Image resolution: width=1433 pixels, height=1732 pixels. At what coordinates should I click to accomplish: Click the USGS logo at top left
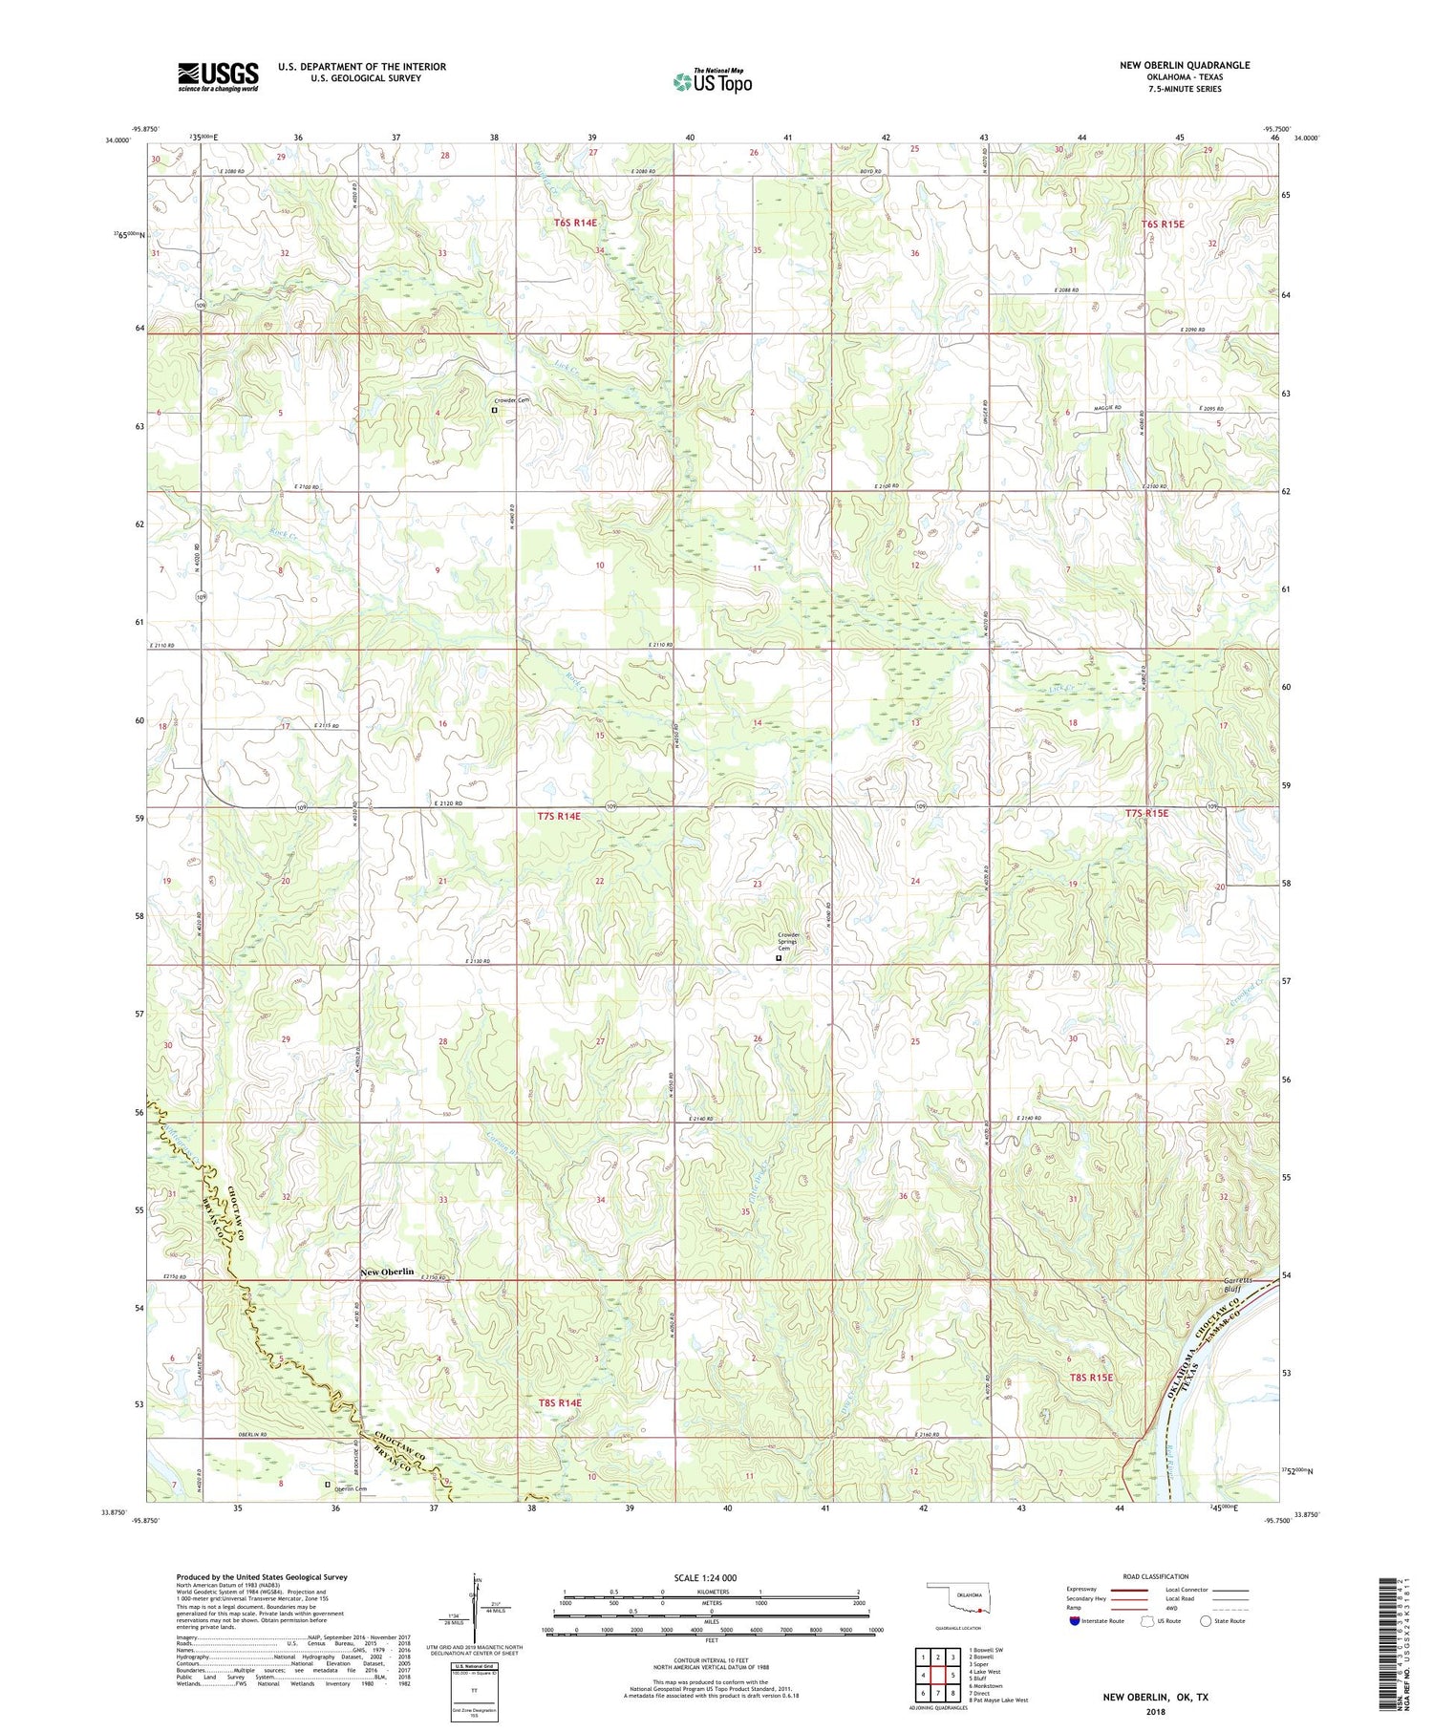click(218, 76)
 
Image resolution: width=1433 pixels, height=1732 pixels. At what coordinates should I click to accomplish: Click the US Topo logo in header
click(712, 82)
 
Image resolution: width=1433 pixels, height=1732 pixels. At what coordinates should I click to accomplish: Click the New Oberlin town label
click(387, 1272)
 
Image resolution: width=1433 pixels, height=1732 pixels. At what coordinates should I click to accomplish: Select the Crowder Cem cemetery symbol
click(494, 410)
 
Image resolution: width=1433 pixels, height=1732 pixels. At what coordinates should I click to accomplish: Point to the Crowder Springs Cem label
click(788, 941)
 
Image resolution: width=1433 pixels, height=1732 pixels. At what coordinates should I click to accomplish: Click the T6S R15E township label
click(1163, 225)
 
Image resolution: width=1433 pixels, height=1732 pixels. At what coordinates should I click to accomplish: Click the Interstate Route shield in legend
click(1075, 1621)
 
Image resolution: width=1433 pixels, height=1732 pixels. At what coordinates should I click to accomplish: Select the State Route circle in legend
click(1206, 1621)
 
